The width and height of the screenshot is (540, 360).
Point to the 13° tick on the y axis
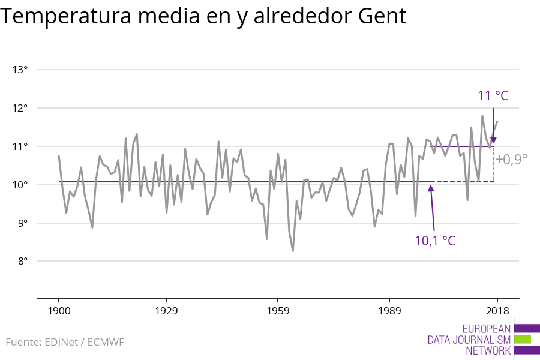pos(20,70)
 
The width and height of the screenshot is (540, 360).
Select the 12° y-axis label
pos(20,108)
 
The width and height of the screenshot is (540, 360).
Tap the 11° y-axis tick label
pos(20,146)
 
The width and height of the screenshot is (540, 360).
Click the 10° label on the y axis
pos(20,185)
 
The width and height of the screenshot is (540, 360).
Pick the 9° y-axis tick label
pos(22,223)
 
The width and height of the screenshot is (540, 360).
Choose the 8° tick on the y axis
pos(22,262)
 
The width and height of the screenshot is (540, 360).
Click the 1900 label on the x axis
pos(59,311)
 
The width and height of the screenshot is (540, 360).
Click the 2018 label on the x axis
pos(497,311)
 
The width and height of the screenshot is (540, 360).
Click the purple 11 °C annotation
pos(493,96)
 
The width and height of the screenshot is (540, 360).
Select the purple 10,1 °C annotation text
pos(435,241)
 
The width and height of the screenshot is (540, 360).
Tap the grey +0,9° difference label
pos(511,160)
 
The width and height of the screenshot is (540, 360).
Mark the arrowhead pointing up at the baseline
pos(431,188)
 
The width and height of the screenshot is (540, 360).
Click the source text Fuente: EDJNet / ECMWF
pos(65,343)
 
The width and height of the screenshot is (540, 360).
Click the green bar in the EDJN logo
pos(523,339)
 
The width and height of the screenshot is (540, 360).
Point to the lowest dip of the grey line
pos(293,251)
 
